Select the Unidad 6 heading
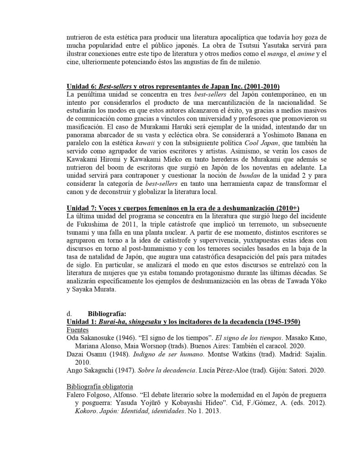(x=173, y=87)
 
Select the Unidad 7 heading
(x=183, y=208)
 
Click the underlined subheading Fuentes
(x=77, y=329)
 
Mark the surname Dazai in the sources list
(x=76, y=354)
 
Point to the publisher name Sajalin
(x=314, y=354)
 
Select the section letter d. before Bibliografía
(x=69, y=313)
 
